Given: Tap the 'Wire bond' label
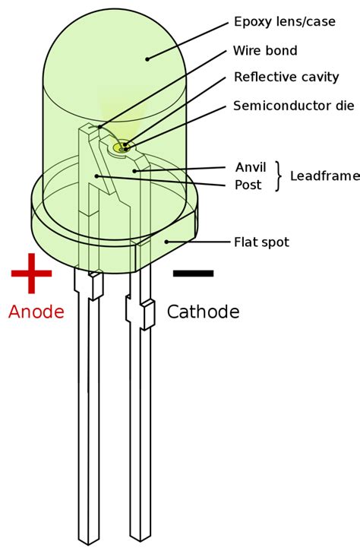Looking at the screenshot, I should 265,51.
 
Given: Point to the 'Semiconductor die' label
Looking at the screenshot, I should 293,106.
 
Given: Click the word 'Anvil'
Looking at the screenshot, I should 251,166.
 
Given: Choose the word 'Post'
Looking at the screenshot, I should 248,185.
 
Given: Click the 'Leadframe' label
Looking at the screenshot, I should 324,176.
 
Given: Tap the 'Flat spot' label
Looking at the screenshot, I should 261,242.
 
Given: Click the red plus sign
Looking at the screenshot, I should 31,273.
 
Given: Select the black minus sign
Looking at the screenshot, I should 193,273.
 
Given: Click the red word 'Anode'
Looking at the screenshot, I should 36,312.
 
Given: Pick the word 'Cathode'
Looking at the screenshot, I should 203,312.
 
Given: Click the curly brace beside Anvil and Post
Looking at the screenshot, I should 278,176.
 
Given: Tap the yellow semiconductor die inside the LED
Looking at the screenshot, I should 121,147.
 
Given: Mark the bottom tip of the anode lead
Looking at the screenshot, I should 88,541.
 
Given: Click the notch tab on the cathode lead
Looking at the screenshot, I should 148,315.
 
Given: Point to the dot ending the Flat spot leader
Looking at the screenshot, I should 167,242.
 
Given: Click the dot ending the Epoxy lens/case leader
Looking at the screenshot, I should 147,58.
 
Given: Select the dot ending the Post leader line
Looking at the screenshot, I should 96,176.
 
